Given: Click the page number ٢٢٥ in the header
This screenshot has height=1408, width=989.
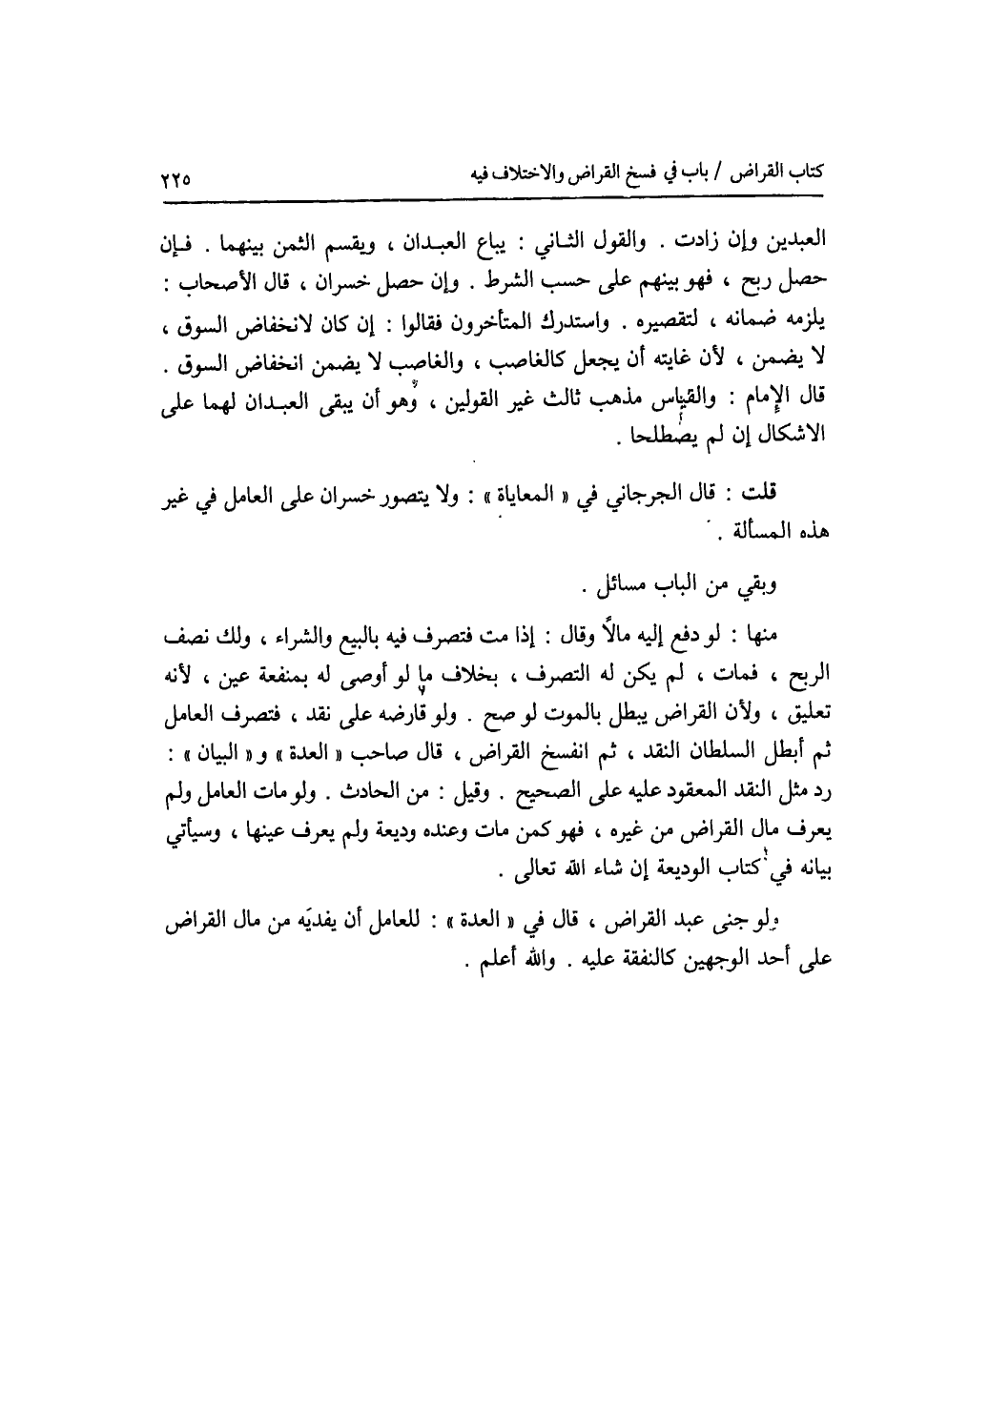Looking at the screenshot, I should pyautogui.click(x=176, y=177).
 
